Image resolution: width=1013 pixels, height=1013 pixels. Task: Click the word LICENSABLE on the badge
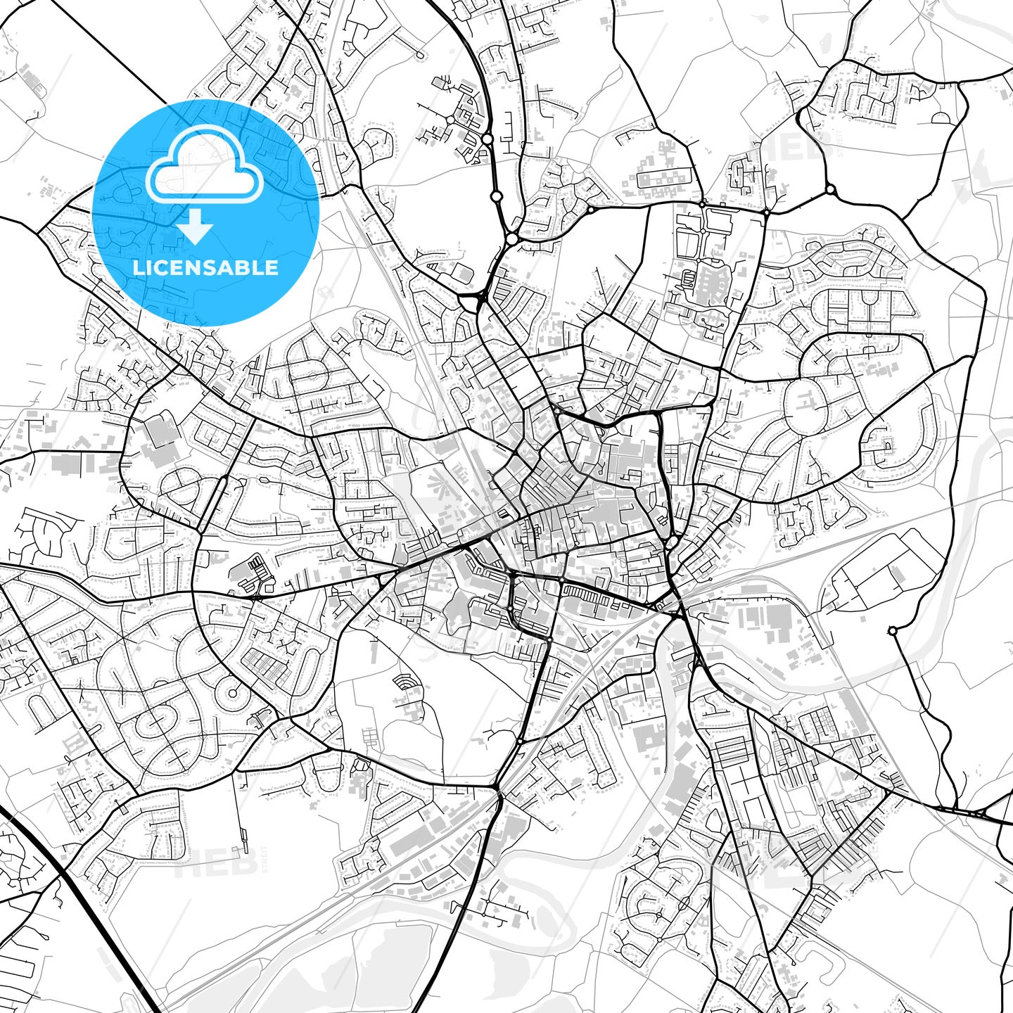(205, 267)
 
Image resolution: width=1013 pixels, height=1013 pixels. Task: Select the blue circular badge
(205, 212)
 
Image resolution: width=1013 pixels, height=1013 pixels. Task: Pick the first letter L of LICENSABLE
(138, 267)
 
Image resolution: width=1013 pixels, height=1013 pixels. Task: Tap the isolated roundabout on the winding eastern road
(892, 631)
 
